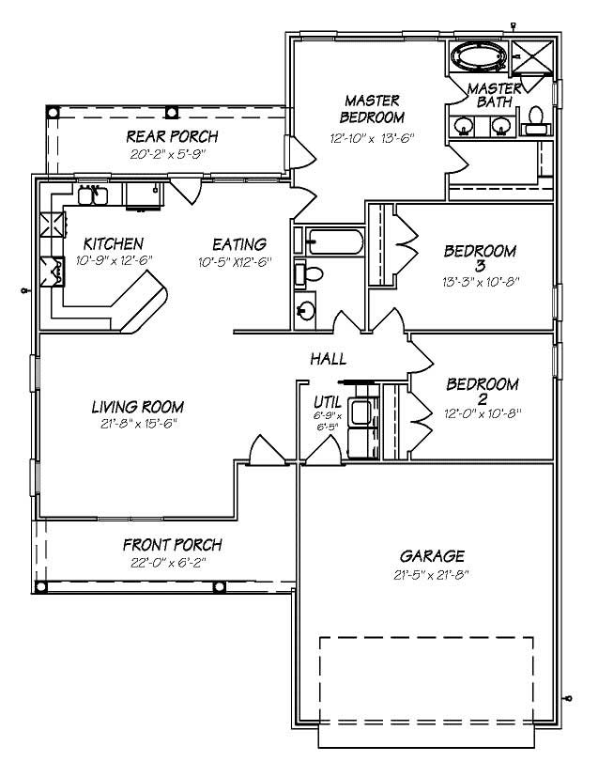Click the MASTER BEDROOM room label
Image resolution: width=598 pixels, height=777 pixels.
coord(372,109)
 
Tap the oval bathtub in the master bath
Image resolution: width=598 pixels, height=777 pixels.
coord(480,56)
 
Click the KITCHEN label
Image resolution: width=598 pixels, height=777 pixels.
coord(113,242)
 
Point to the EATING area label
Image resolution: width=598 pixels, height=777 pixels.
coord(238,243)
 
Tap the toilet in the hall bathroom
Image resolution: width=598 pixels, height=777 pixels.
coord(311,274)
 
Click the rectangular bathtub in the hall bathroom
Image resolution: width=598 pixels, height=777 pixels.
coord(328,241)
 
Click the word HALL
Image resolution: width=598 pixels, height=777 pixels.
coord(329,359)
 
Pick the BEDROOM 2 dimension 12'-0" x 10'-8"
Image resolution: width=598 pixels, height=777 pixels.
coord(483,412)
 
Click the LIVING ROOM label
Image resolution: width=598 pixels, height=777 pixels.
coord(137,407)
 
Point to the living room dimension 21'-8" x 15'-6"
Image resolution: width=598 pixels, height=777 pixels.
coord(137,423)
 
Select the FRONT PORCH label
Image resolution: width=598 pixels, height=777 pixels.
coord(173,545)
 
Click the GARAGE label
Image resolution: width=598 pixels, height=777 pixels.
coord(431,556)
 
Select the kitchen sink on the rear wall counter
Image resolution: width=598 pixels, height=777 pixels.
coord(91,195)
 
